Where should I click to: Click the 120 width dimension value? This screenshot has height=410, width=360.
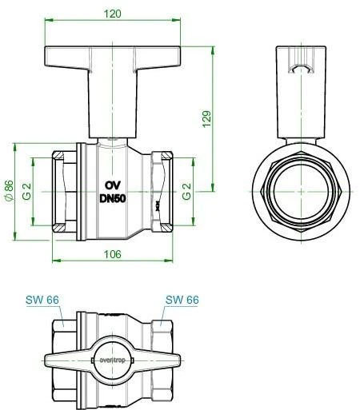pyautogui.click(x=112, y=14)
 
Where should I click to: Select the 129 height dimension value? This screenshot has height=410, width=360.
pyautogui.click(x=206, y=119)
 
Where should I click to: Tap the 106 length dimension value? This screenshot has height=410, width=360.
pyautogui.click(x=112, y=254)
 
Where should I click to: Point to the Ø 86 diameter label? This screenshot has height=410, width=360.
pyautogui.click(x=9, y=191)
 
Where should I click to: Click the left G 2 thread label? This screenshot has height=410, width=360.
pyautogui.click(x=27, y=192)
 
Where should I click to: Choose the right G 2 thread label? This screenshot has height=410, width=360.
pyautogui.click(x=186, y=192)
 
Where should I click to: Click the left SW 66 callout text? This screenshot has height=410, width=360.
pyautogui.click(x=42, y=300)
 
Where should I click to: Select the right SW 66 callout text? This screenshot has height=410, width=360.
pyautogui.click(x=182, y=300)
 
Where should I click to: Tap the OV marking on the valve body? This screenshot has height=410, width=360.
pyautogui.click(x=113, y=185)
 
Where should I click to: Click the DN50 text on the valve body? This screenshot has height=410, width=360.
pyautogui.click(x=113, y=198)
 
